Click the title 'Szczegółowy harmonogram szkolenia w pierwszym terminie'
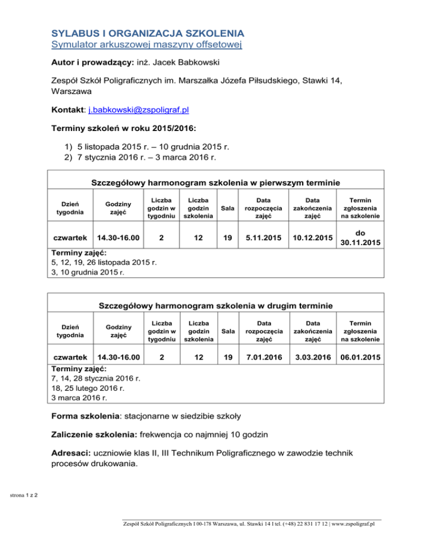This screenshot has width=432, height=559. (215, 183)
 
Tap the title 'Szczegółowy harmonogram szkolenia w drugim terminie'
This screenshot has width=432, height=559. (215, 306)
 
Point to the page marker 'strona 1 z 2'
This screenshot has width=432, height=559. (23, 495)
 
